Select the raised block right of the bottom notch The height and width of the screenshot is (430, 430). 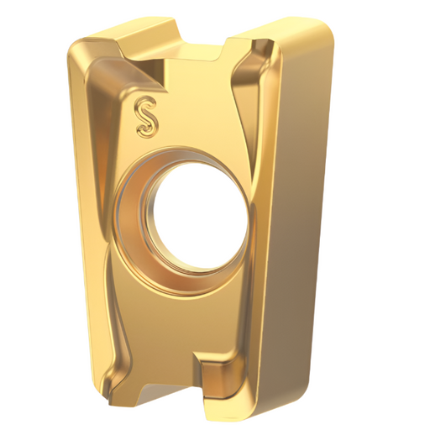click(220, 374)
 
